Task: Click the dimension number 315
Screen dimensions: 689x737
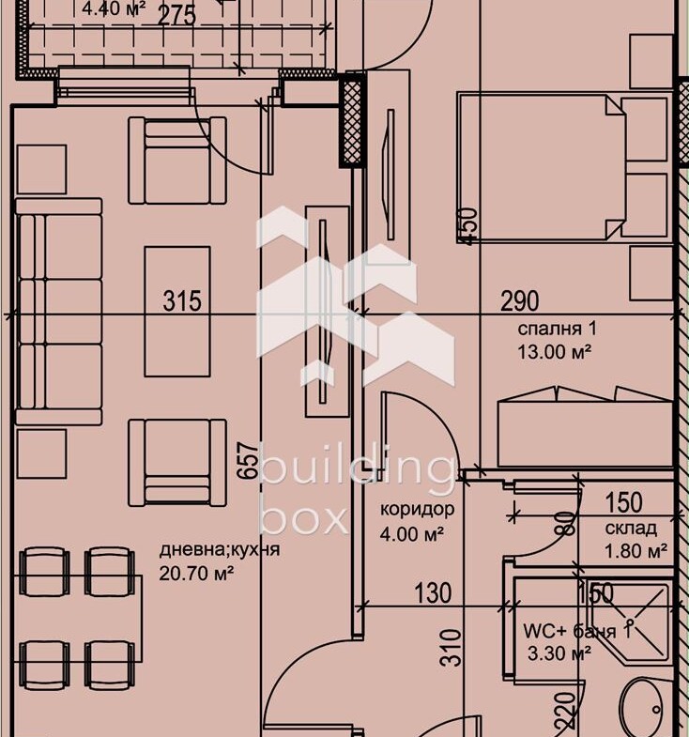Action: coord(182,300)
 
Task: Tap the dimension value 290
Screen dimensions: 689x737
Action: coord(519,300)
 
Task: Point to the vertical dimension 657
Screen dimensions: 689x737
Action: coord(248,460)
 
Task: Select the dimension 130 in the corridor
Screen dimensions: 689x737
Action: coord(433,593)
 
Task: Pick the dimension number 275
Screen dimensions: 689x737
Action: coord(176,16)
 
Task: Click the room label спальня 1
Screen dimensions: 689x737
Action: coord(557,329)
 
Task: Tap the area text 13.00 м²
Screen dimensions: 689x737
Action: coord(554,351)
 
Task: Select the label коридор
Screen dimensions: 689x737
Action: coord(417,509)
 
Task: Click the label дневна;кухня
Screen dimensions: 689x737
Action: coord(220,549)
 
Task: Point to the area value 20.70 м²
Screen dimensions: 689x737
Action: coord(196,573)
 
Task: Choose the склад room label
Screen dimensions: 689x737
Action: coord(631,529)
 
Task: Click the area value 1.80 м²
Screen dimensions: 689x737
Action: coord(635,550)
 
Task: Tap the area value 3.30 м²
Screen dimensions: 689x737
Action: coord(559,653)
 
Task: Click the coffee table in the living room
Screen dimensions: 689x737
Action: coord(177,311)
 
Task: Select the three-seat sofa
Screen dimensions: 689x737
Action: coord(59,312)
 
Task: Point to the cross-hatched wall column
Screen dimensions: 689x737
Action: coord(353,119)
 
